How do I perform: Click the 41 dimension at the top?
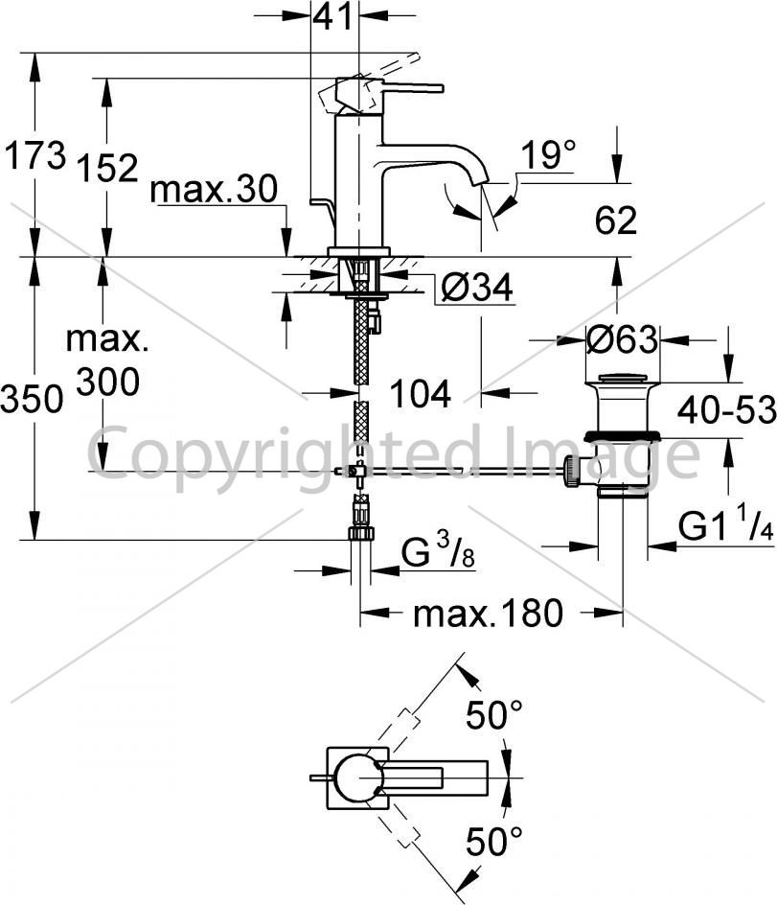click(332, 16)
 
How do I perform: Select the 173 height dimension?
click(35, 155)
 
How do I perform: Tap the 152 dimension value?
click(108, 169)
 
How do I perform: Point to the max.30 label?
click(214, 189)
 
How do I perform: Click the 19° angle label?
click(548, 155)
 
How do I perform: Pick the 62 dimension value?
click(615, 220)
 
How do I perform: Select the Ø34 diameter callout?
click(476, 288)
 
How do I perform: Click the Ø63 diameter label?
click(622, 339)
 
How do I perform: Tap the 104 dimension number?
click(421, 394)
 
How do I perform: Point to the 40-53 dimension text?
click(727, 411)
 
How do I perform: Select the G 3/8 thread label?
click(438, 550)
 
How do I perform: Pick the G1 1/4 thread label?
click(725, 526)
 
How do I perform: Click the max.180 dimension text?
click(488, 613)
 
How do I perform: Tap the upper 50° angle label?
click(494, 715)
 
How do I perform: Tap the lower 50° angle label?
click(494, 842)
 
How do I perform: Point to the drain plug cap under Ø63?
click(621, 379)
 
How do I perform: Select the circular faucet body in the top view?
click(357, 778)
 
